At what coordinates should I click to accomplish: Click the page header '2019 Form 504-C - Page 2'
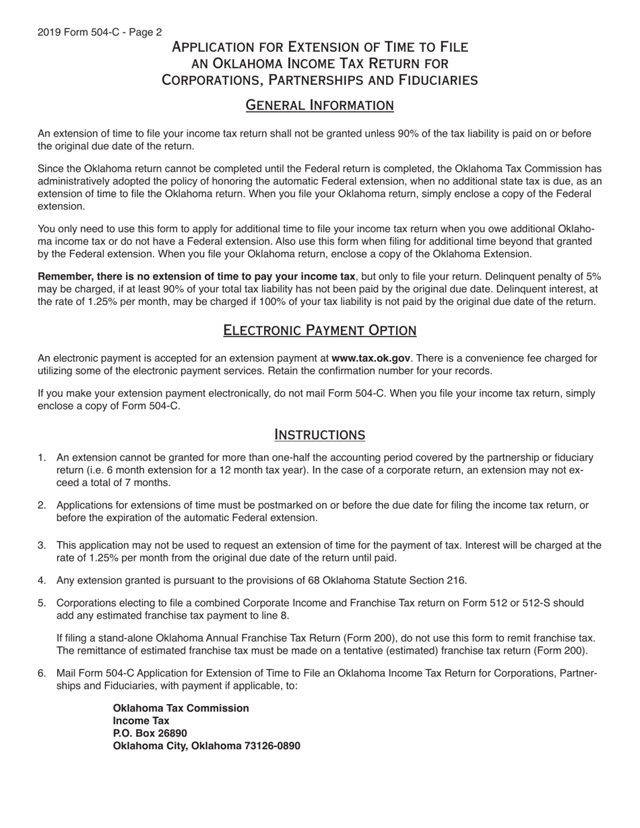point(100,32)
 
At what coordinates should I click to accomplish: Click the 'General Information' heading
point(319,105)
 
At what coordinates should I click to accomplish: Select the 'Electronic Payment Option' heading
point(319,330)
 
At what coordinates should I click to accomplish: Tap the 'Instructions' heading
point(319,434)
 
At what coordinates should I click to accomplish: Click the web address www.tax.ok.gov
point(371,359)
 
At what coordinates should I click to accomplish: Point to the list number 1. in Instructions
point(42,458)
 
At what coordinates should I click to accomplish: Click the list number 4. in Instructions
point(42,580)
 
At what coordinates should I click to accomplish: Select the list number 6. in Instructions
point(42,673)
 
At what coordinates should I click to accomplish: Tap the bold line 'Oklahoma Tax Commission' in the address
point(181,708)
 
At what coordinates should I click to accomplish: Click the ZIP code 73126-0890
point(272,746)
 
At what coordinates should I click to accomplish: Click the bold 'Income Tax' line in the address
point(141,721)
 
